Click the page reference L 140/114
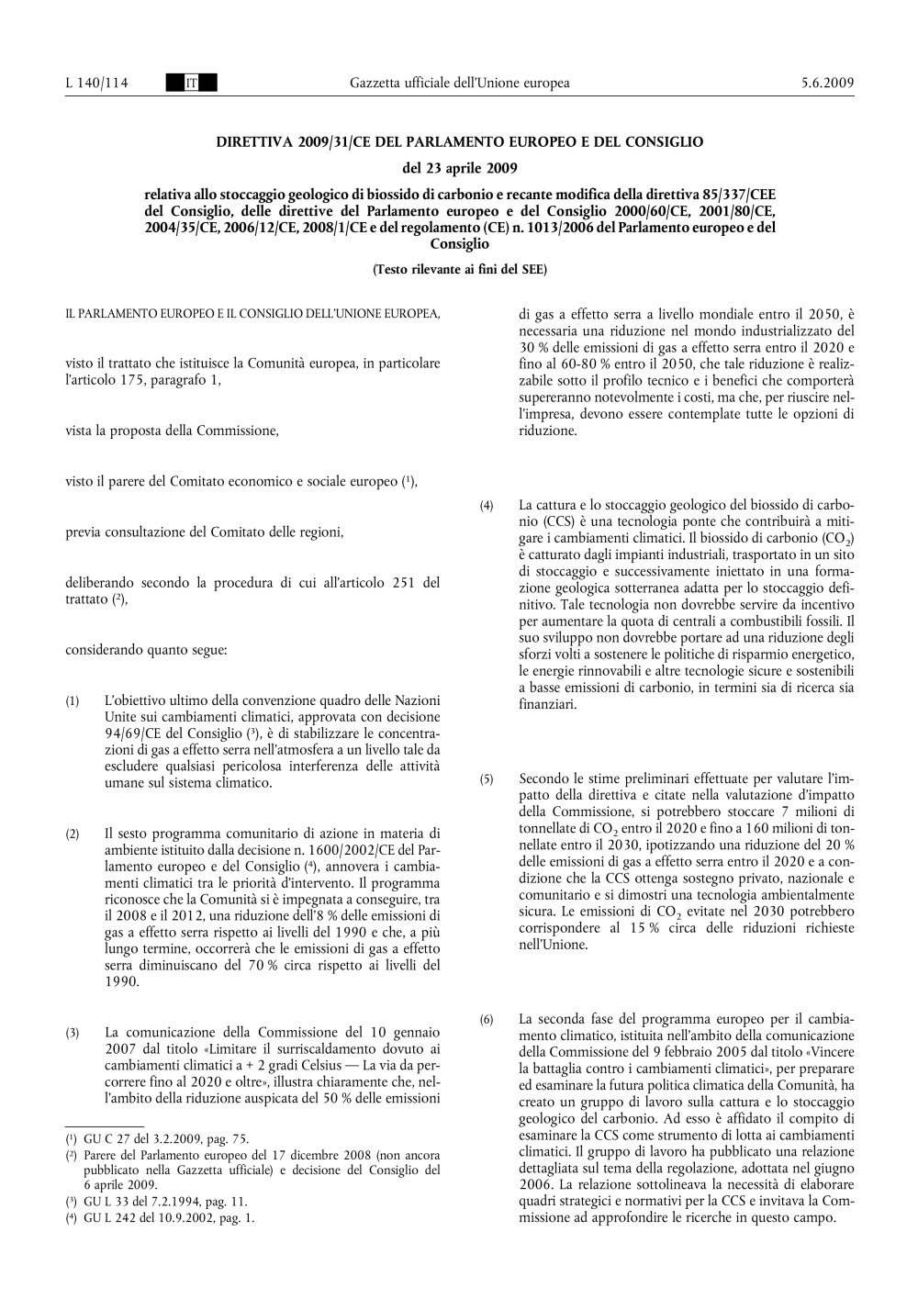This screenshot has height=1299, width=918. [96, 84]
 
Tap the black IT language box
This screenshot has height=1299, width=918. [192, 84]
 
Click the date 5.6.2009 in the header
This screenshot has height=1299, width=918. [827, 84]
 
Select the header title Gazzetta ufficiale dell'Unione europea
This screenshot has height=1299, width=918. [459, 84]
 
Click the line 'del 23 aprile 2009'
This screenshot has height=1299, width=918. [459, 168]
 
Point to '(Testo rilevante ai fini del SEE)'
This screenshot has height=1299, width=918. [459, 269]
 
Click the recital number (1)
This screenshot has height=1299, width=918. [72, 703]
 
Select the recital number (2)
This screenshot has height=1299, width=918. [72, 834]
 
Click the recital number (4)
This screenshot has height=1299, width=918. [487, 507]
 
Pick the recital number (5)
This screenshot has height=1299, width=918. [487, 780]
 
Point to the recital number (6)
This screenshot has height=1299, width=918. [487, 1020]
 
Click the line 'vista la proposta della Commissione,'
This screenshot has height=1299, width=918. [172, 430]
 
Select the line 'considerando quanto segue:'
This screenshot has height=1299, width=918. [147, 650]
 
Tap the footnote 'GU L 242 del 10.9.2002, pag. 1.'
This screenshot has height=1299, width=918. [168, 1218]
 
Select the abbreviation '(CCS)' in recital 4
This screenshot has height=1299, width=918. [537, 521]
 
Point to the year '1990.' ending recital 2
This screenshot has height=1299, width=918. [122, 981]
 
